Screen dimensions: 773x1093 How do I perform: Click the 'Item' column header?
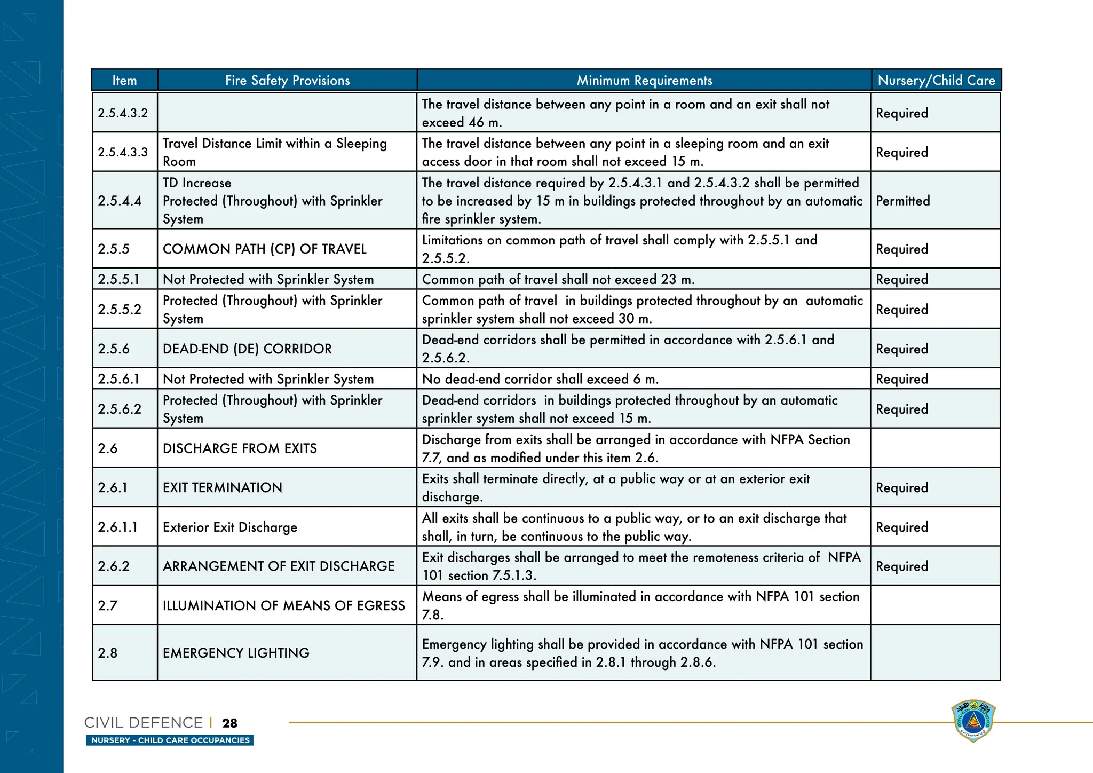124,80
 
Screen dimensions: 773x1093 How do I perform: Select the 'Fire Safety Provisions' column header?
287,80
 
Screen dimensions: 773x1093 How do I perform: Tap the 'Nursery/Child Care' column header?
936,80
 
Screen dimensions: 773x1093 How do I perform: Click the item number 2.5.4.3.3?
123,152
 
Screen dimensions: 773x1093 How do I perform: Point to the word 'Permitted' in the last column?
902,201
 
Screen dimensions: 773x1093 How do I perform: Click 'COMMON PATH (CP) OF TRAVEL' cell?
265,249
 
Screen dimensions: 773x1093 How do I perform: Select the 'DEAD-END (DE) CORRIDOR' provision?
247,349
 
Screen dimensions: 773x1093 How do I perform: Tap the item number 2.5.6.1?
118,379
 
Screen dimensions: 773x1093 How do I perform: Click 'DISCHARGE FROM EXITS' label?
240,448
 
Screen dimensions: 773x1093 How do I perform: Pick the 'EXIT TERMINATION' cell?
222,487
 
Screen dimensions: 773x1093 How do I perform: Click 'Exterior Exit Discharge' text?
230,527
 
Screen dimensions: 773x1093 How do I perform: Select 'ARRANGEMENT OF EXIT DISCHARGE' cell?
279,566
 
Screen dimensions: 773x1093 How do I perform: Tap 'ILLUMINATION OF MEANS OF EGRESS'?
284,605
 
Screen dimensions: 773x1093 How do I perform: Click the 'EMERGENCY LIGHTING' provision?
236,653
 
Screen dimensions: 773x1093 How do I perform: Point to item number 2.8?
107,653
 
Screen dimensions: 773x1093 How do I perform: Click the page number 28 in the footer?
230,723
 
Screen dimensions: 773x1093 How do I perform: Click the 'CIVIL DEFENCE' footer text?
143,723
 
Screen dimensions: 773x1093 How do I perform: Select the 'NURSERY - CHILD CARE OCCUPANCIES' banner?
170,740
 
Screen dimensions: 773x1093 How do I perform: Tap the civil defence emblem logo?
973,721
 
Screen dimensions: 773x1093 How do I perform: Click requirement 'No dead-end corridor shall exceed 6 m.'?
540,379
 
